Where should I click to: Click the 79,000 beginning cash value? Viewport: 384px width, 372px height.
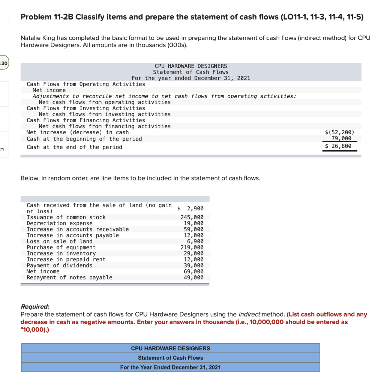341,139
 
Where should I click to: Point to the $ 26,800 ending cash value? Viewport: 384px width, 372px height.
338,146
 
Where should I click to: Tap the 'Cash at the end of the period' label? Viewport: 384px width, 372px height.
74,147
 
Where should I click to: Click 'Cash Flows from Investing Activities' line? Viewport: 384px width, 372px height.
86,108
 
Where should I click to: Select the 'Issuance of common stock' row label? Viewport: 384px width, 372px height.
66,217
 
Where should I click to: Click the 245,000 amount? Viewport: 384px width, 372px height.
192,217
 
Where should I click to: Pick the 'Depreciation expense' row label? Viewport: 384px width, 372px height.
59,223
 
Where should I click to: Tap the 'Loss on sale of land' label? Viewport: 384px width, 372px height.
59,241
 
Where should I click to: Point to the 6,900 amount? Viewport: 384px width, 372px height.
195,241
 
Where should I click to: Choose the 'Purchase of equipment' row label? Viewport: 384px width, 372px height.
61,247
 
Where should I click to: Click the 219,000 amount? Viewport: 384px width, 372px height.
192,247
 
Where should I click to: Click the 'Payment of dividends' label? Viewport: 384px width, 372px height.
59,265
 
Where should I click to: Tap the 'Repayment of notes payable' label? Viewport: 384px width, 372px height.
69,277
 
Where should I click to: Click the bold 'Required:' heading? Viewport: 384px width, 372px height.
35,306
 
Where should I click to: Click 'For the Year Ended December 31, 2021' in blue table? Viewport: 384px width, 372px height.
170,367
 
